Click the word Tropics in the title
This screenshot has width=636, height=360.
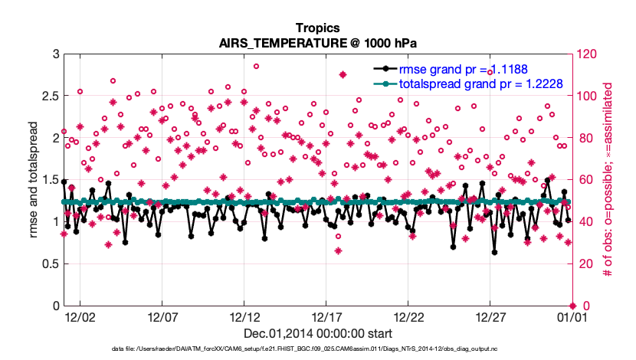318,28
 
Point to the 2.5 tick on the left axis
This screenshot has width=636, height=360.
47,97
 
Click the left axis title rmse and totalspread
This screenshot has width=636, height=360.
33,180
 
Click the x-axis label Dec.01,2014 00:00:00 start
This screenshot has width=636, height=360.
318,333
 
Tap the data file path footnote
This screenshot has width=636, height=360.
318,349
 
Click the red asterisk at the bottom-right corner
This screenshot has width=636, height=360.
572,306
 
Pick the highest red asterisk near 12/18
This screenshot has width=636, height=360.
343,75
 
